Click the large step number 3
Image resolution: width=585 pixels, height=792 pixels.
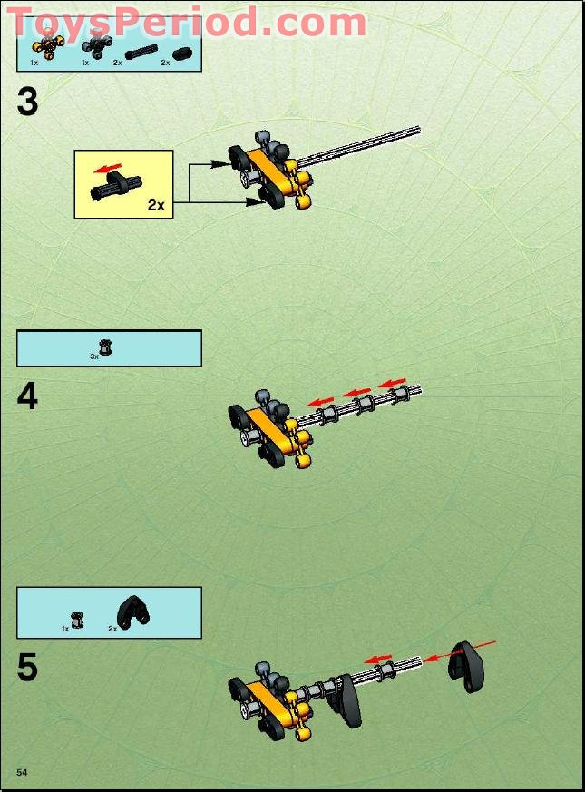pos(27,103)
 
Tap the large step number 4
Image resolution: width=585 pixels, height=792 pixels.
pos(27,396)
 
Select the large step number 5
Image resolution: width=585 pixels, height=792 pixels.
pos(27,668)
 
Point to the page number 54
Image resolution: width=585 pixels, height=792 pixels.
pos(22,771)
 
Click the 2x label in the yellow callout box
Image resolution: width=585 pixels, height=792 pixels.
pos(156,205)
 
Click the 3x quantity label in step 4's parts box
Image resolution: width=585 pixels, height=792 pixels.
pos(93,357)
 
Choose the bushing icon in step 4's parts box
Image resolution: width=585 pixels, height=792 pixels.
pos(105,347)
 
